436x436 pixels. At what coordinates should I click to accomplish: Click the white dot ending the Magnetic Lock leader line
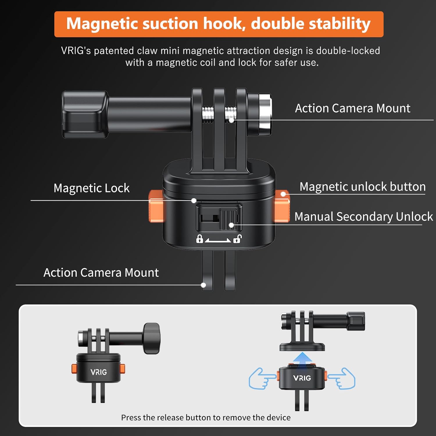pos(194,201)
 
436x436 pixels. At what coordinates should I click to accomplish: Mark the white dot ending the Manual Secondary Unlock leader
pos(231,225)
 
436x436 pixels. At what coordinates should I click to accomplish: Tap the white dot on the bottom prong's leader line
pos(203,285)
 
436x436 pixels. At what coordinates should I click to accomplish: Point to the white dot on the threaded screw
pos(231,120)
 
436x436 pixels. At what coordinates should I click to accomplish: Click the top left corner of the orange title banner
pos(54,12)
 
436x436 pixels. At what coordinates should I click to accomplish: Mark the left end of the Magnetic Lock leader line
pos(31,201)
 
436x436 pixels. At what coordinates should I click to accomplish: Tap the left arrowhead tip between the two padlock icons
pos(205,241)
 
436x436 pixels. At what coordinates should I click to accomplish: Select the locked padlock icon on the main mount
pos(199,239)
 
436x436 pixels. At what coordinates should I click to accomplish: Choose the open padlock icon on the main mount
pos(237,239)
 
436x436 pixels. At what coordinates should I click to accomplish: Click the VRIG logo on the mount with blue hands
pos(302,378)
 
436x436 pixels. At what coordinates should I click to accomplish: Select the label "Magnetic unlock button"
pos(362,187)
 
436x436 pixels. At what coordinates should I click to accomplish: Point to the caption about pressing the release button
pos(206,417)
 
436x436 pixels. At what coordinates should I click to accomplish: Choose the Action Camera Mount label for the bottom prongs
pos(101,273)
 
